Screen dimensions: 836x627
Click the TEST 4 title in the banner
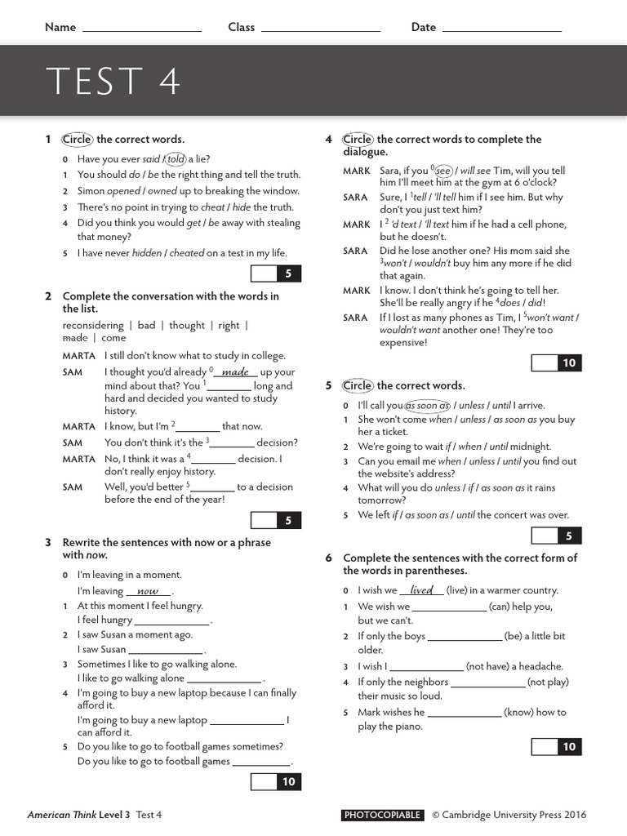pos(113,82)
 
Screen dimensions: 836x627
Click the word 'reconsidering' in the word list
pos(93,325)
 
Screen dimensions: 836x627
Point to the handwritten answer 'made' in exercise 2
pos(235,372)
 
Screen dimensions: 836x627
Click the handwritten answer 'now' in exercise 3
pos(148,591)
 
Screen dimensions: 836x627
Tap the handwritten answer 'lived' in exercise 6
pos(421,590)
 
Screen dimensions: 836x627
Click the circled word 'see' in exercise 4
pos(443,171)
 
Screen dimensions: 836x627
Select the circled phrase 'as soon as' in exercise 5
pos(428,405)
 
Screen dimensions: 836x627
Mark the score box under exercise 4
pos(556,363)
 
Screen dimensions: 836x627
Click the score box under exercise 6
pos(556,746)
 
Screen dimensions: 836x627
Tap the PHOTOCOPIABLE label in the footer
pos(383,815)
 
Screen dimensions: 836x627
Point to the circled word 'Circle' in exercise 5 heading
pos(358,385)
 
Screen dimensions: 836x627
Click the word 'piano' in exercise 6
pos(407,727)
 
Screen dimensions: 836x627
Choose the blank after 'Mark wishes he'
pos(464,713)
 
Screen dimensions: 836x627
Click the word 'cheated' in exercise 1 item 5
pos(186,253)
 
